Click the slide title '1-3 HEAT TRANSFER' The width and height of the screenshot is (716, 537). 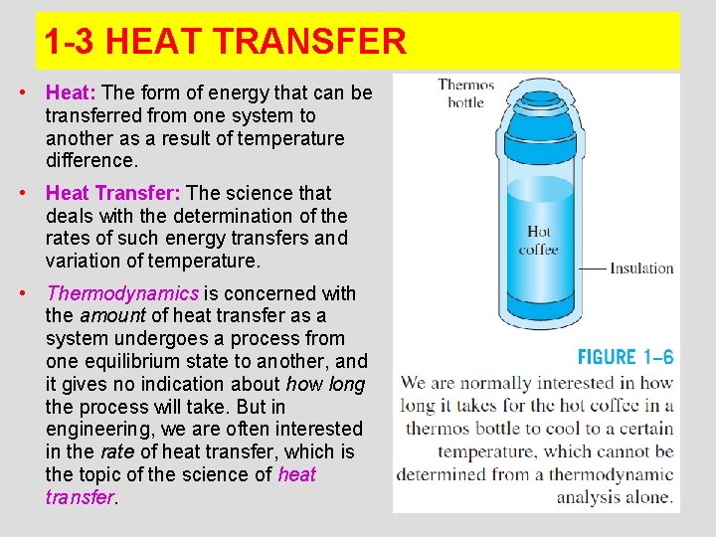coord(226,42)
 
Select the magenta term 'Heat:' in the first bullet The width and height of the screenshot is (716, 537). coord(71,93)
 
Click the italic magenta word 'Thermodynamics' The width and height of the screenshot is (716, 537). coord(123,293)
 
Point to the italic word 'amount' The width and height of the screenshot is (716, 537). coord(112,316)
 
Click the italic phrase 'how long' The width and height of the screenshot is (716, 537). coord(325,384)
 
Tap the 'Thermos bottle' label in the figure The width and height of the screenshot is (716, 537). coord(465,93)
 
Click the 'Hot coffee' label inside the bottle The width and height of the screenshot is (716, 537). coord(538,241)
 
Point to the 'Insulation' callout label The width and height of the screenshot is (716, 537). coord(641,268)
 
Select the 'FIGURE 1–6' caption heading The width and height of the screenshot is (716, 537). coord(626,357)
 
